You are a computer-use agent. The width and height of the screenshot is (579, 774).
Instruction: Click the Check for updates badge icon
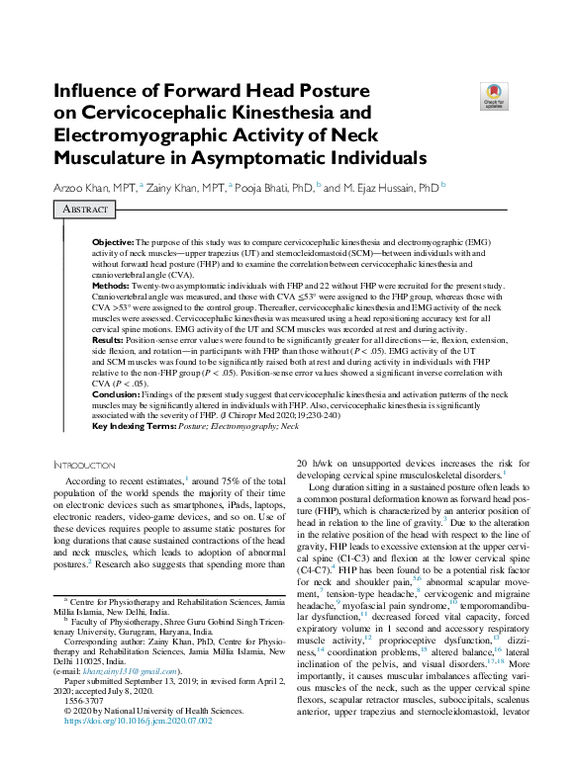click(x=493, y=95)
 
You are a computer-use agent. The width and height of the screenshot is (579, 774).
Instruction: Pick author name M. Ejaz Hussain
click(x=390, y=187)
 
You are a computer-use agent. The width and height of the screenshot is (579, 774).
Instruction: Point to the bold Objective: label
click(x=113, y=242)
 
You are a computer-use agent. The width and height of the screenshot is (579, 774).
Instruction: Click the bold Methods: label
click(x=112, y=285)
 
